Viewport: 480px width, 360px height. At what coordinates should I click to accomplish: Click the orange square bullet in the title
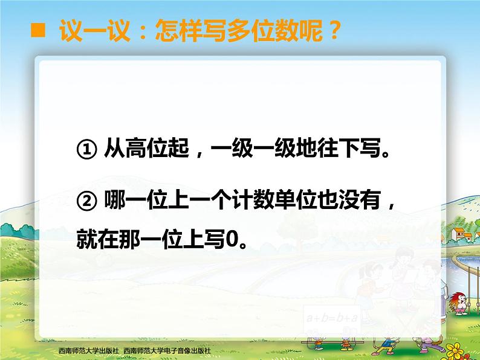point(38,30)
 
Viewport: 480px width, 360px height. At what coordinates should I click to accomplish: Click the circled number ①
point(86,149)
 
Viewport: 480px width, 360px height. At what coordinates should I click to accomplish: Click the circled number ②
point(86,201)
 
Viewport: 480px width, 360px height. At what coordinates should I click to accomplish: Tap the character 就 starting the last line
point(87,239)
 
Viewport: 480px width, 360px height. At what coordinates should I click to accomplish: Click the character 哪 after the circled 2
point(115,200)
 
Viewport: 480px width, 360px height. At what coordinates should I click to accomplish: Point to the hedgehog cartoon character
point(460,303)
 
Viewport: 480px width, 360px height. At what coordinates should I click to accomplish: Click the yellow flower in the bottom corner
point(456,350)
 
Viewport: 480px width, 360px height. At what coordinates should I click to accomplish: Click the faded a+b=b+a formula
point(332,318)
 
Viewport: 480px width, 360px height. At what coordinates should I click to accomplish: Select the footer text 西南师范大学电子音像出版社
point(167,350)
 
